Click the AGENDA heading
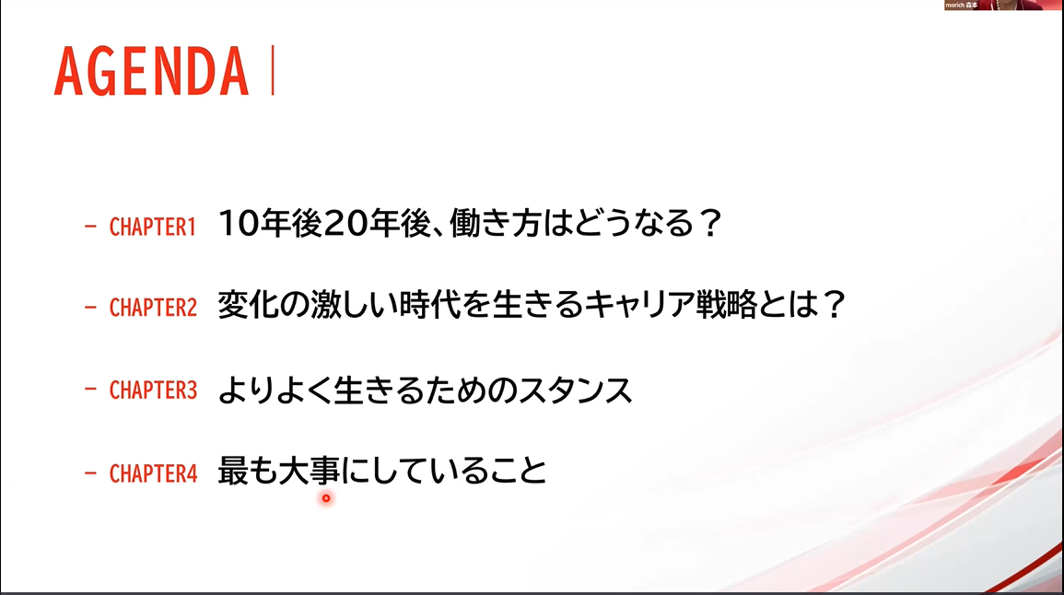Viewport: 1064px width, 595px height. click(x=151, y=71)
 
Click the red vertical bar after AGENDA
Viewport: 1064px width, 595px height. click(x=273, y=70)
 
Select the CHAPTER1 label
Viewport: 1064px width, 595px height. click(x=153, y=227)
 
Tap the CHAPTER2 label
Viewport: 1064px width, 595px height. click(x=153, y=308)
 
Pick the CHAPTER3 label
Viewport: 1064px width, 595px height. click(x=153, y=391)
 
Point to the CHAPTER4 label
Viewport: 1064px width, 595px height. click(x=153, y=473)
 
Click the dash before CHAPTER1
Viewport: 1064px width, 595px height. click(x=90, y=227)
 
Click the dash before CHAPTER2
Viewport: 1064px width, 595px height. click(x=90, y=308)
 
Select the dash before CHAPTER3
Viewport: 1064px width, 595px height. click(x=90, y=390)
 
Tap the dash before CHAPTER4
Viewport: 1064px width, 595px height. click(x=90, y=472)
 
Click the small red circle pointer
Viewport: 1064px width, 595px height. click(x=326, y=498)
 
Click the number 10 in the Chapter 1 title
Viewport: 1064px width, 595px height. click(x=239, y=223)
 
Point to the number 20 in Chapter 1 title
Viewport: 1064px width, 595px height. click(x=343, y=223)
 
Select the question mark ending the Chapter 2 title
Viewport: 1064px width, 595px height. click(x=834, y=304)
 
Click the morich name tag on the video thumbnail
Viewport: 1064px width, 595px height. click(x=961, y=5)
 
